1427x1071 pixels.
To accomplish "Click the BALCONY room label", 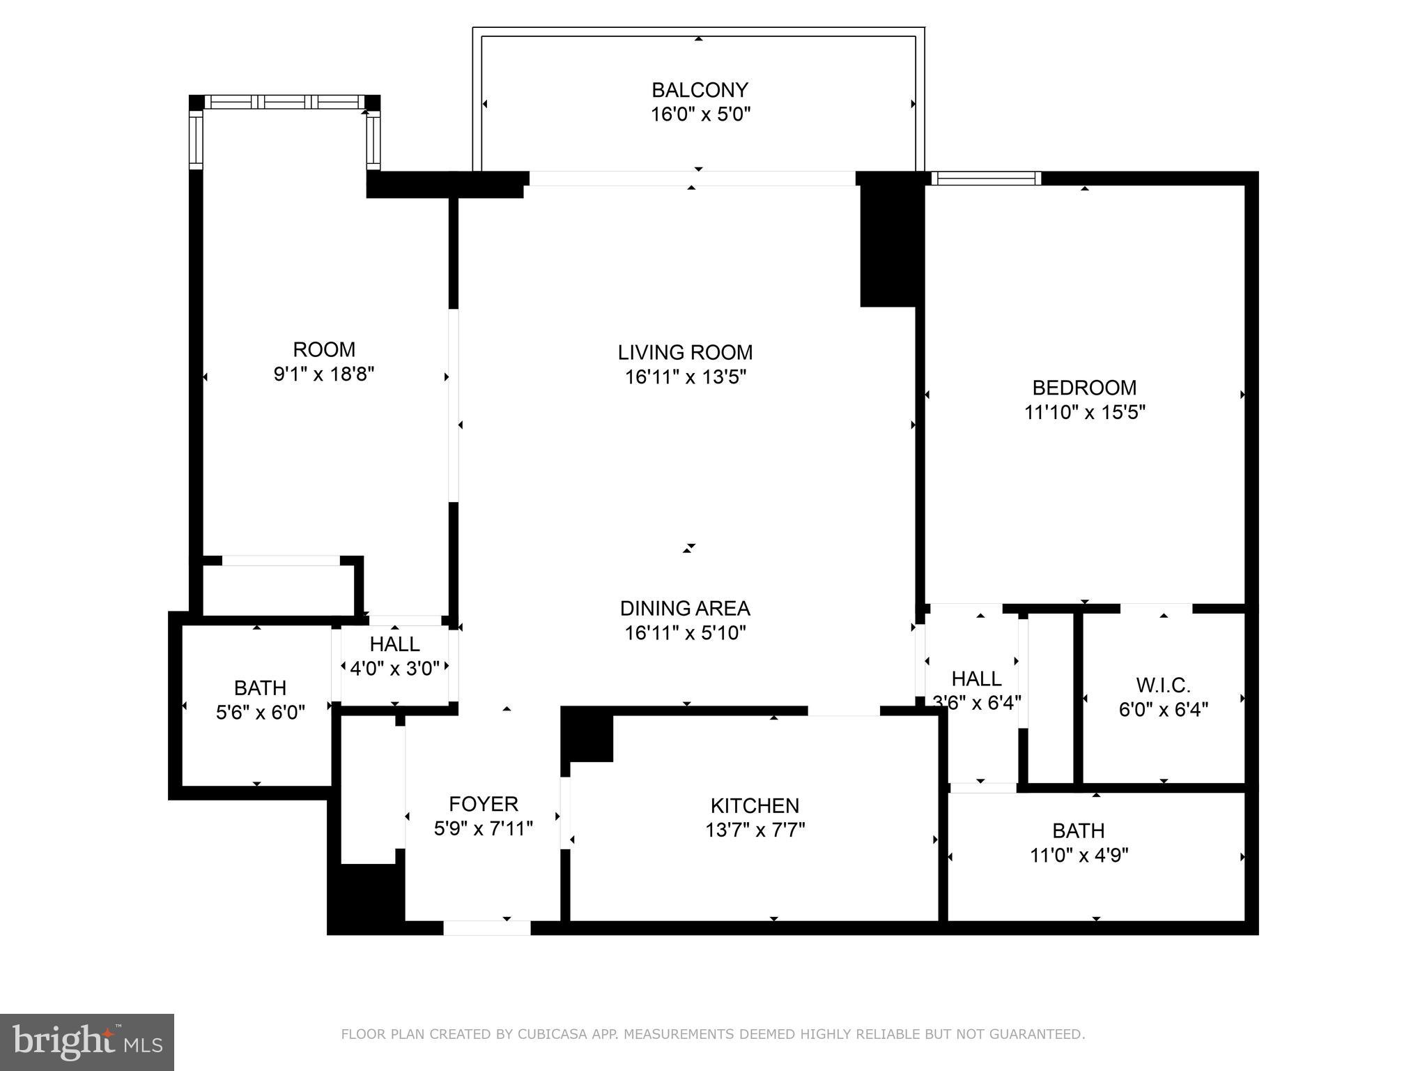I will (x=700, y=90).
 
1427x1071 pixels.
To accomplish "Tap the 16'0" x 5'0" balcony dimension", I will (x=700, y=114).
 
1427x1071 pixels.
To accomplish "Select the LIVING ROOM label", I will (x=685, y=352).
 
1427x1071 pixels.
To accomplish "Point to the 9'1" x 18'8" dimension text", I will (x=324, y=374).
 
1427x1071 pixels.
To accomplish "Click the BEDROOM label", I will (x=1084, y=388).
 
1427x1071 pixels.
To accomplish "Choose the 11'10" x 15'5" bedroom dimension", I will (x=1084, y=412).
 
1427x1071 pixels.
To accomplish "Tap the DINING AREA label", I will (x=685, y=609).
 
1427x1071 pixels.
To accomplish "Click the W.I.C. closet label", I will (x=1163, y=685).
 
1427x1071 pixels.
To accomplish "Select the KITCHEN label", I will (x=755, y=806).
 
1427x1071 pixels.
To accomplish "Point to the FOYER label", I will (x=484, y=804).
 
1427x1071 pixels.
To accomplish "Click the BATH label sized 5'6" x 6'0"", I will (x=260, y=688).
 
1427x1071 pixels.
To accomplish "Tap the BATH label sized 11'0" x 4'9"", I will (x=1078, y=830).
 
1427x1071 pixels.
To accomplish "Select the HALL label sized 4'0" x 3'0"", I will (x=394, y=644).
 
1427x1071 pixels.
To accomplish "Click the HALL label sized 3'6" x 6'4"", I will (x=976, y=678).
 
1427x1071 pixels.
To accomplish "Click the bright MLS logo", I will (x=87, y=1042).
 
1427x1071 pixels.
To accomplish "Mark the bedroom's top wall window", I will (x=986, y=178).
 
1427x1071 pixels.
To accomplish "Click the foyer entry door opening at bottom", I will (x=486, y=928).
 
